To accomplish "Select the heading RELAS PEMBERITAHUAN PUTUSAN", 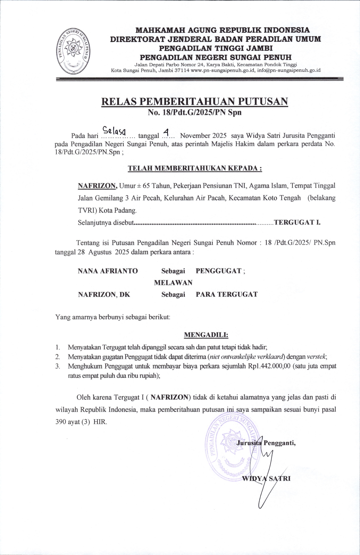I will [194, 101].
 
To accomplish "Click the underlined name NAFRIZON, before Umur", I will [98, 186].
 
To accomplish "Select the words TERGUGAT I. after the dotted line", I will [298, 222].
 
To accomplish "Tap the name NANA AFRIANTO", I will [108, 271].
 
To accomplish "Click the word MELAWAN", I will [173, 283].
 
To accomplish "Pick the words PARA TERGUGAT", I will [227, 294].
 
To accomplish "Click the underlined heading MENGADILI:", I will [206, 335].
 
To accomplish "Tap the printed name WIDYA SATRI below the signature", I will [266, 478].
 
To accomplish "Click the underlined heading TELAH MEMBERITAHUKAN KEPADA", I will [195, 168].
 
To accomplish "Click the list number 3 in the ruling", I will [58, 366].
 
